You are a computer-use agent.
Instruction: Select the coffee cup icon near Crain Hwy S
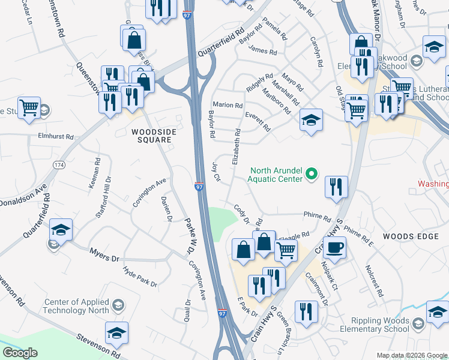[x=334, y=246]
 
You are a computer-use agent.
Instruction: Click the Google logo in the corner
[x=20, y=353]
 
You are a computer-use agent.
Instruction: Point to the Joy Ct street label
[x=217, y=170]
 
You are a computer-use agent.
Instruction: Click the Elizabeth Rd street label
[x=235, y=146]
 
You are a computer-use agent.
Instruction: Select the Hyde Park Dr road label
[x=140, y=277]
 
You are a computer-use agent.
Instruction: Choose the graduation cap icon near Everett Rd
[x=310, y=120]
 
